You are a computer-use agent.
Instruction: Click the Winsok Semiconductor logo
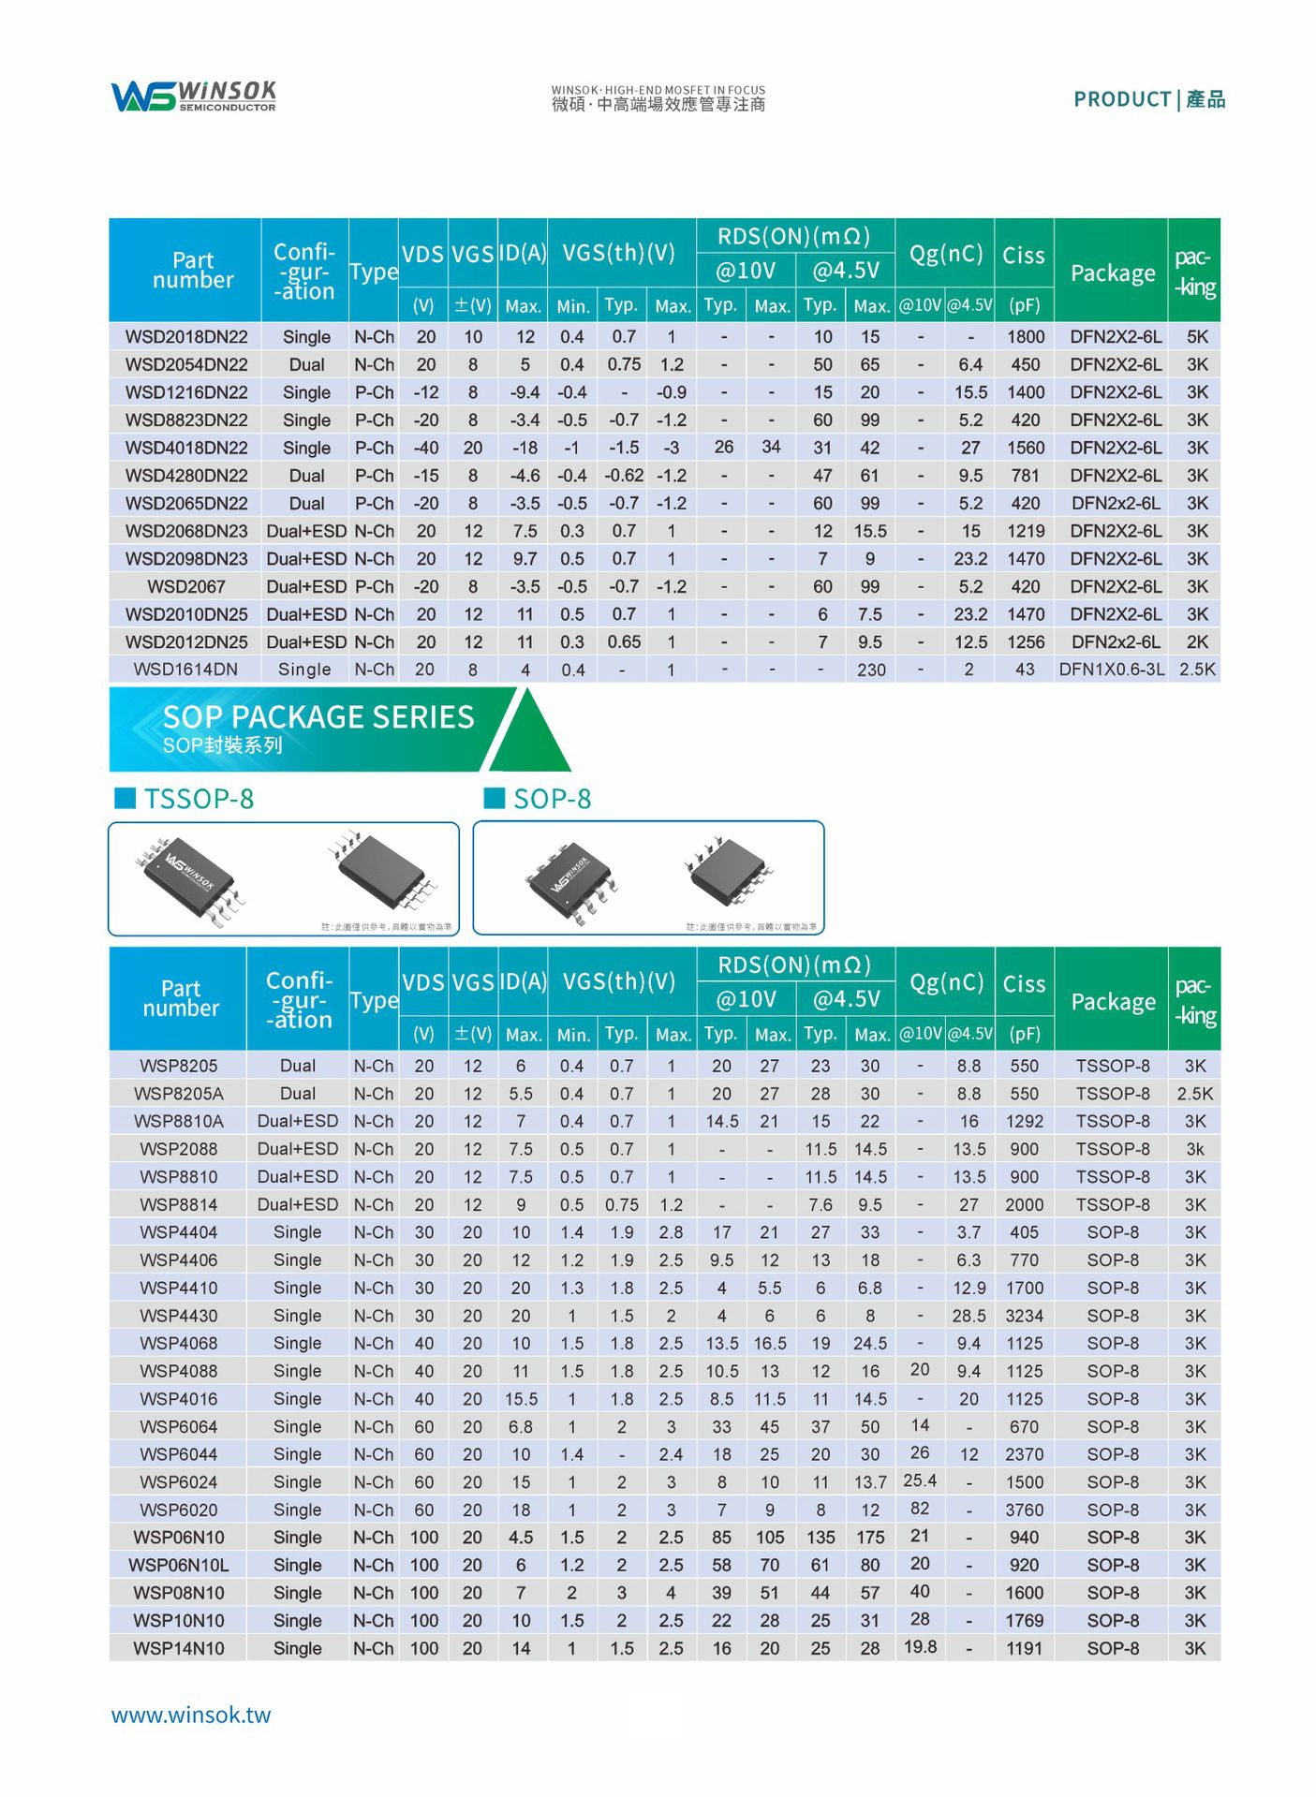[194, 96]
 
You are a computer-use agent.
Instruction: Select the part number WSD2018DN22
[186, 337]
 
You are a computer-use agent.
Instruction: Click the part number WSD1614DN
[185, 670]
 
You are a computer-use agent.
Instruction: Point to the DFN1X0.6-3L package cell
[1112, 670]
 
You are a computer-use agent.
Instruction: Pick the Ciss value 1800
[1025, 337]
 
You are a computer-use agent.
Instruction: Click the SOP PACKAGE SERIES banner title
[318, 717]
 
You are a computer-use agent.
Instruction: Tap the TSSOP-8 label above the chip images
[199, 799]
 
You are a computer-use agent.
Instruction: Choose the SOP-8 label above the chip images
[552, 799]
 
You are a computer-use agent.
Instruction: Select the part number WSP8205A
[179, 1094]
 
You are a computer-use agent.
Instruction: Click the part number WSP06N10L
[179, 1566]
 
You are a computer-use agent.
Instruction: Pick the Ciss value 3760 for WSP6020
[1024, 1510]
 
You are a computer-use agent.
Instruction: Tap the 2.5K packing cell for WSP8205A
[1195, 1094]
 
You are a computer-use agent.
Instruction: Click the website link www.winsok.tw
[191, 1716]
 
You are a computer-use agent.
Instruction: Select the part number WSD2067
[186, 587]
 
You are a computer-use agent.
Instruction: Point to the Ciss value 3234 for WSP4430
[1024, 1316]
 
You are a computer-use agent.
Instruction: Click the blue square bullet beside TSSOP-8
[125, 798]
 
